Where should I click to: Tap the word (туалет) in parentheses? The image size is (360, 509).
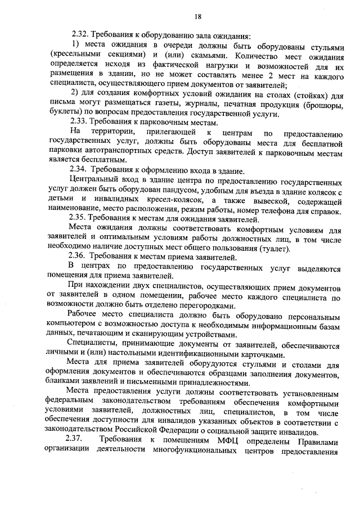pyautogui.click(x=273, y=247)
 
